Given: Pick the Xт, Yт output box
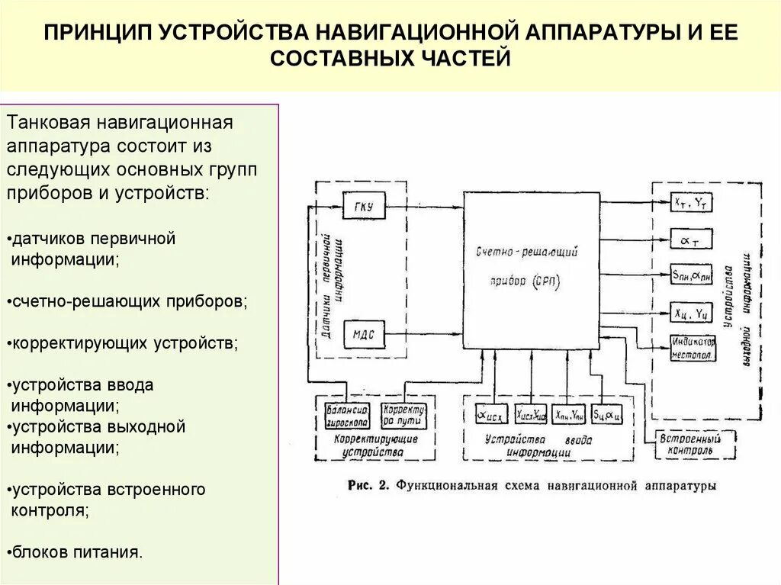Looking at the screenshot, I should [x=691, y=202].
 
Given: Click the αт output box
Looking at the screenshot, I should [x=691, y=239].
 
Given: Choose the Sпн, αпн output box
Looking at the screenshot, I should [x=691, y=275].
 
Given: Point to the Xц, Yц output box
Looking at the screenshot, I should [x=691, y=311].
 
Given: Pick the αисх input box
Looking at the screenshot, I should [x=491, y=415].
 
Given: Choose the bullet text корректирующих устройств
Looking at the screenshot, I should [x=124, y=343].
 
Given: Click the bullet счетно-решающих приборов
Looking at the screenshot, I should [x=129, y=301].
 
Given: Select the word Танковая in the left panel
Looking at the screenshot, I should [x=47, y=123].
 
